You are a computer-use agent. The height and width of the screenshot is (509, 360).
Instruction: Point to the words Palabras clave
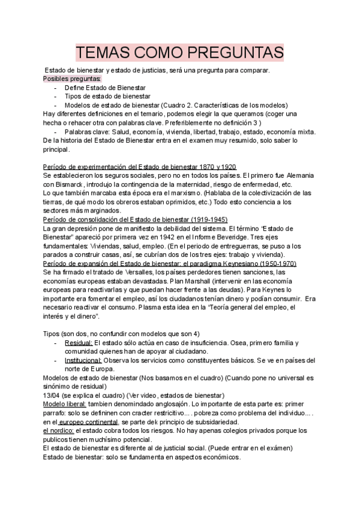pyautogui.click(x=85, y=131)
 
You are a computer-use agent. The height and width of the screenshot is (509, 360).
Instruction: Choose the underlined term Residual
pyautogui.click(x=78, y=342)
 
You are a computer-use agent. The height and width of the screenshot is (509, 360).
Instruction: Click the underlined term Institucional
pyautogui.click(x=83, y=360)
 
